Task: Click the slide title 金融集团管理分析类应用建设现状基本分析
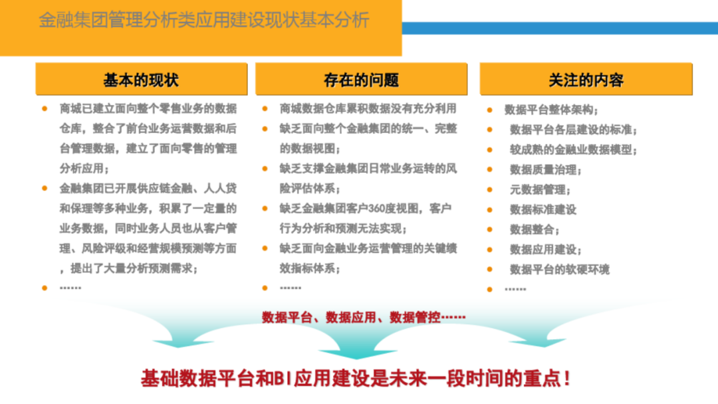click(x=204, y=20)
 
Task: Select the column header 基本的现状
click(x=141, y=80)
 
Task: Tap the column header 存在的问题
click(x=361, y=80)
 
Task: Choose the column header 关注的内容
click(x=586, y=80)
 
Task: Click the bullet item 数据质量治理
click(x=545, y=169)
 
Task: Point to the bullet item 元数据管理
click(x=540, y=190)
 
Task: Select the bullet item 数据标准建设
click(x=543, y=209)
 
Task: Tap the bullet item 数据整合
click(x=535, y=230)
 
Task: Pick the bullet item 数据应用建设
click(x=545, y=250)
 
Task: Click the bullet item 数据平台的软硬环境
click(x=560, y=270)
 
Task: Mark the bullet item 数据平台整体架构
click(x=551, y=110)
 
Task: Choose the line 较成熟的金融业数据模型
click(x=573, y=150)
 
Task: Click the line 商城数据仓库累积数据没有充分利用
click(x=368, y=108)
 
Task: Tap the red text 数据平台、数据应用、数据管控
click(x=364, y=317)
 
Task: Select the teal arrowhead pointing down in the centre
click(x=358, y=353)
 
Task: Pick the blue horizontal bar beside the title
click(x=560, y=28)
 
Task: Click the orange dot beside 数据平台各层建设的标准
click(x=489, y=130)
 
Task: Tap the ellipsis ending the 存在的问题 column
click(x=291, y=288)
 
